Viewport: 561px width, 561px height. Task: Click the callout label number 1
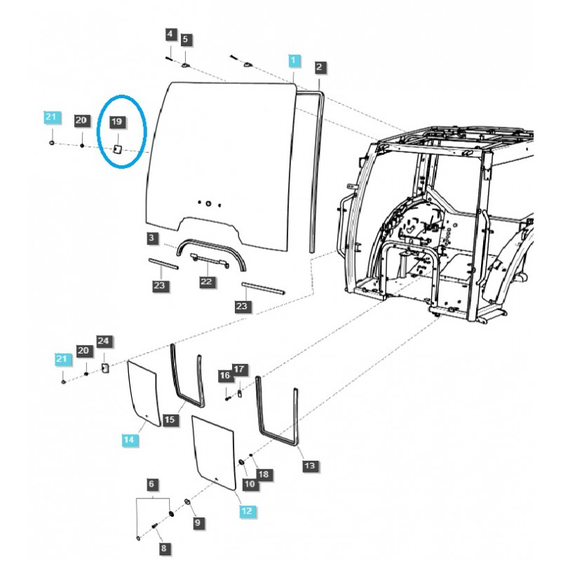point(295,60)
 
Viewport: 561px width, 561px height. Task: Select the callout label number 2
point(319,67)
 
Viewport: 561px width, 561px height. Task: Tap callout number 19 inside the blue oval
point(117,122)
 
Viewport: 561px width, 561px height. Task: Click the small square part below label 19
point(119,149)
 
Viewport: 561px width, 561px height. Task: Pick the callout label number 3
point(152,239)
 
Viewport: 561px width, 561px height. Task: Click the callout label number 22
point(206,280)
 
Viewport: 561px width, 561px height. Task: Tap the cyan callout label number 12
point(246,511)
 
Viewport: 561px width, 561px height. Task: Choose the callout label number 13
point(309,464)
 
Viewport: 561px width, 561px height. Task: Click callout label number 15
point(169,419)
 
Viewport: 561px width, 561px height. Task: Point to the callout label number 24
point(104,342)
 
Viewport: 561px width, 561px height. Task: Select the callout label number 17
point(239,369)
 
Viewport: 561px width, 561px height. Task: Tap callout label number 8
point(165,548)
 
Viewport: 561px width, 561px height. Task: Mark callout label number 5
point(186,39)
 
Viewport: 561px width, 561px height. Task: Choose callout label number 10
point(249,484)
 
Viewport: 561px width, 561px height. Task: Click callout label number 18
point(263,475)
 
